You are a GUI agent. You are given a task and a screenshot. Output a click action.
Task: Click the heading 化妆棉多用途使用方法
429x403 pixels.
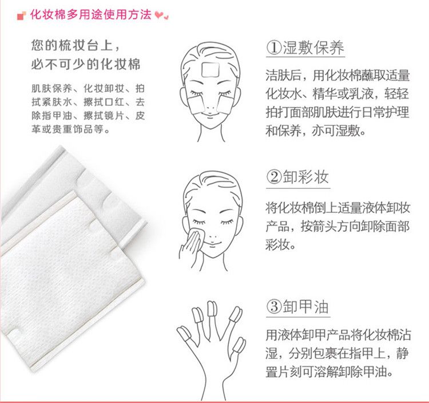[x=90, y=14]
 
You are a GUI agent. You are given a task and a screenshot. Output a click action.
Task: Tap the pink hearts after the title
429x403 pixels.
[x=162, y=15]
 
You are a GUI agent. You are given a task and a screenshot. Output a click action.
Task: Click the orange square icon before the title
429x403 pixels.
[x=21, y=16]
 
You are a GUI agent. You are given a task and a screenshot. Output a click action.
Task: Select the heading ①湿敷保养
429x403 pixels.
[x=305, y=48]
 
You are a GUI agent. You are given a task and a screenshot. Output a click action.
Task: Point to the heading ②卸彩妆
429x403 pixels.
[x=297, y=177]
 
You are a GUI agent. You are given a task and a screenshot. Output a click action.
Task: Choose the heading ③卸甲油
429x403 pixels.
[x=297, y=306]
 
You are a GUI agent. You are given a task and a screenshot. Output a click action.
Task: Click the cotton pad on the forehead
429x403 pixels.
[x=210, y=70]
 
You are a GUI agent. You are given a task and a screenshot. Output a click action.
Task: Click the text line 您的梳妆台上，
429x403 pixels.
[x=76, y=45]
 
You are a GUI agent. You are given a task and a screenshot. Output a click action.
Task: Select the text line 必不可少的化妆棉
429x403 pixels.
[x=86, y=64]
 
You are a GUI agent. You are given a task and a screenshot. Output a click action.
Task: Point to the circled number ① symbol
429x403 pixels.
[x=274, y=48]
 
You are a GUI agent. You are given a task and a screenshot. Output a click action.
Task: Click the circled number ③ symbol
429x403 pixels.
[x=274, y=306]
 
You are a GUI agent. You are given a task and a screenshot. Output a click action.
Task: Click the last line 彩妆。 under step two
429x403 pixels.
[x=280, y=244]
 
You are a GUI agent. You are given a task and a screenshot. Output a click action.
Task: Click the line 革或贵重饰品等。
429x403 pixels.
[x=70, y=129]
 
